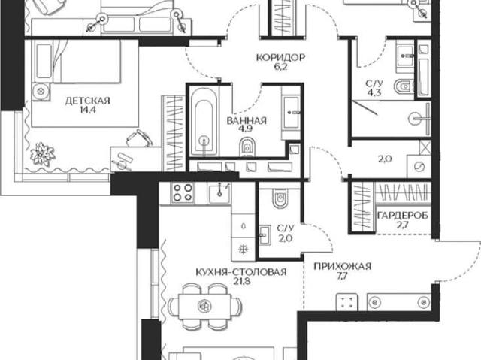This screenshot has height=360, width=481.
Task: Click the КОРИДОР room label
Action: [x=280, y=57]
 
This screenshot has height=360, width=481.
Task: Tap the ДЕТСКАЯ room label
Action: [x=87, y=101]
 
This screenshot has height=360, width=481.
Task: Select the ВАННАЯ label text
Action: [x=247, y=120]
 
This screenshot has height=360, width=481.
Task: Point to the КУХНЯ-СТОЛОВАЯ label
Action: [x=241, y=271]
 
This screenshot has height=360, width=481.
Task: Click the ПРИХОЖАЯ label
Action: [x=343, y=266]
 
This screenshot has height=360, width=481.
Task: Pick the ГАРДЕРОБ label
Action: [x=403, y=216]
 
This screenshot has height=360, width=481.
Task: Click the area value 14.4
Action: [x=88, y=110]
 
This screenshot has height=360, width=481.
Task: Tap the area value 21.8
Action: [x=241, y=281]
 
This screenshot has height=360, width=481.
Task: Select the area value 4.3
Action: [x=374, y=92]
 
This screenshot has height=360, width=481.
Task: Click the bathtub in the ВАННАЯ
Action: [x=204, y=122]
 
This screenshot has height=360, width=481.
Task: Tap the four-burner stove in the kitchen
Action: [x=183, y=192]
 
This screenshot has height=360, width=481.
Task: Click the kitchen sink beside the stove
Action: [x=219, y=193]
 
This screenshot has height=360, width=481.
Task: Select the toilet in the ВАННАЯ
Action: [x=247, y=147]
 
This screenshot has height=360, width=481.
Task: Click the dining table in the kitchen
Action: [x=204, y=305]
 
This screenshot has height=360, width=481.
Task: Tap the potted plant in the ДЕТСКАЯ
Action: [x=43, y=154]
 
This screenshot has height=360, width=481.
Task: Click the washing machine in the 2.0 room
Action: [x=419, y=167]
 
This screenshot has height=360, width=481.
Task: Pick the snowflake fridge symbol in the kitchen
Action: [x=244, y=249]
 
